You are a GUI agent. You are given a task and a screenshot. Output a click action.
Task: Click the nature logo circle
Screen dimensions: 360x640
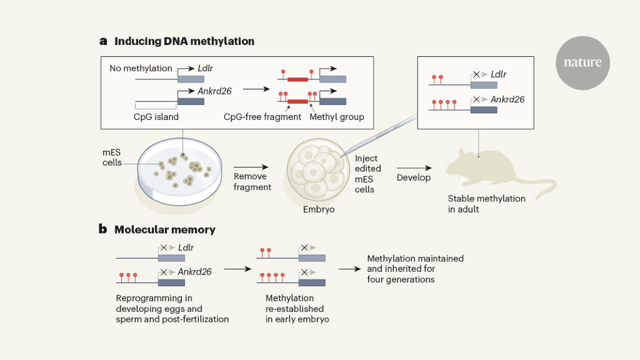pyautogui.click(x=582, y=62)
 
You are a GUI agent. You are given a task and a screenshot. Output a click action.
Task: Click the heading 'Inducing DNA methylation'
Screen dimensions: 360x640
pyautogui.click(x=184, y=41)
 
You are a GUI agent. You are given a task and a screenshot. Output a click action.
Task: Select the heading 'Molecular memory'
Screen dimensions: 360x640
pyautogui.click(x=164, y=229)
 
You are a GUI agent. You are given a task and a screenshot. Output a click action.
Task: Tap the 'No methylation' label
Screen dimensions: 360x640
pyautogui.click(x=141, y=68)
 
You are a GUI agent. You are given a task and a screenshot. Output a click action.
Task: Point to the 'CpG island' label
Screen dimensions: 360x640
pyautogui.click(x=156, y=117)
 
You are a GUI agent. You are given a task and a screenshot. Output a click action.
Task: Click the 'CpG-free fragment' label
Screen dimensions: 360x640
pyautogui.click(x=262, y=117)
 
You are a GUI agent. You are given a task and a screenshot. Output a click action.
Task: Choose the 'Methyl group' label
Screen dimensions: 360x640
pyautogui.click(x=337, y=117)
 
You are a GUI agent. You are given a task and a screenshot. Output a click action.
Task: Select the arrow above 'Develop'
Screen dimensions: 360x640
pyautogui.click(x=414, y=167)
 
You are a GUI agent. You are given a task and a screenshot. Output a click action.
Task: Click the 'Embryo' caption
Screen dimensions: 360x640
pyautogui.click(x=319, y=209)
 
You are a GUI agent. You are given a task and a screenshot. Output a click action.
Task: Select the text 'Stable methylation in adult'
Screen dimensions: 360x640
pyautogui.click(x=486, y=204)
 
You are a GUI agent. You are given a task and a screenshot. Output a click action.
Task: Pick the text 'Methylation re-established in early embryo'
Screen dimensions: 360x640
pyautogui.click(x=294, y=309)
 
